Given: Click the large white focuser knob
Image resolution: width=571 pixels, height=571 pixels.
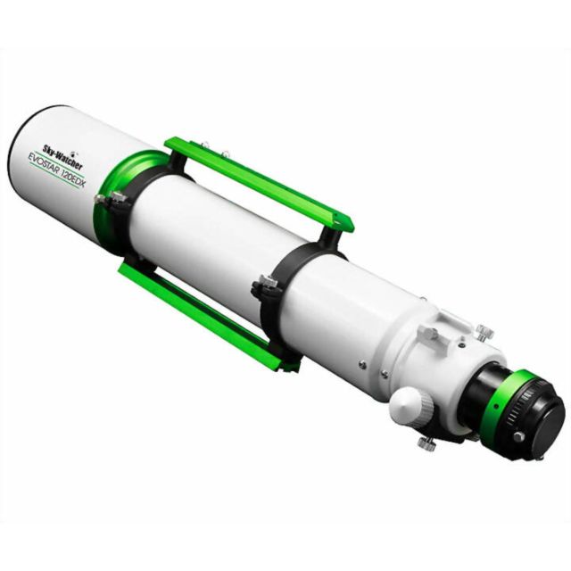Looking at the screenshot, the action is [411, 405].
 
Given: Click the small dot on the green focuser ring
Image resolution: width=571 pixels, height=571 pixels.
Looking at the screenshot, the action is [496, 406].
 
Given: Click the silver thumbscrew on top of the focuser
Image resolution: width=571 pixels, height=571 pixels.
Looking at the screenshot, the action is [484, 332].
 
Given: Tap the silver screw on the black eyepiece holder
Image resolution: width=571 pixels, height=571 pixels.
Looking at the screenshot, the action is [518, 436].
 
